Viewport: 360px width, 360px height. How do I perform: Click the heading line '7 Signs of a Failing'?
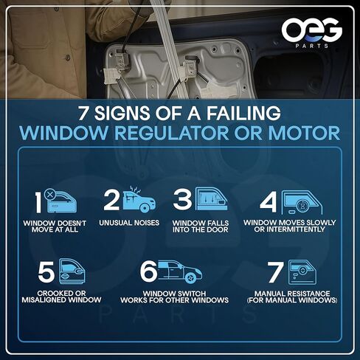point(180,115)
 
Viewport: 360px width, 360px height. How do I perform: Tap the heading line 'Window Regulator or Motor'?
point(180,134)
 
